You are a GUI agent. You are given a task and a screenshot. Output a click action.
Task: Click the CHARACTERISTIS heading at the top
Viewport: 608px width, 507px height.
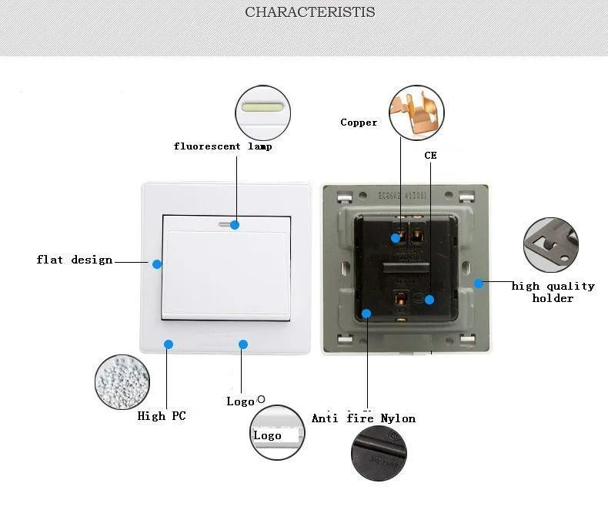point(310,12)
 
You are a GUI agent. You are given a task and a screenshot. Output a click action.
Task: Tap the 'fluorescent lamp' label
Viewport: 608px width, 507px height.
point(222,146)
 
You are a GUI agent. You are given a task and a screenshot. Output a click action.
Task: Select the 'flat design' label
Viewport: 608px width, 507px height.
point(75,260)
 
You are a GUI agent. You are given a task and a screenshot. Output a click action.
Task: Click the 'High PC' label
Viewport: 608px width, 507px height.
point(162,416)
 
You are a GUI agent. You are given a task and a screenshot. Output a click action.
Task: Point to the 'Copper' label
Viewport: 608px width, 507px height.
point(359,123)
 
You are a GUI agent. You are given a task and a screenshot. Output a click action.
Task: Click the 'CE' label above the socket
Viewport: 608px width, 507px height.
point(430,156)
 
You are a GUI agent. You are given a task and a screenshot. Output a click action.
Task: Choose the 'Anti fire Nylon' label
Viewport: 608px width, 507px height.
point(363,418)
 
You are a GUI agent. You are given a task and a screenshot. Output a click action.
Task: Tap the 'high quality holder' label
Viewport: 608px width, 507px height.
point(553,292)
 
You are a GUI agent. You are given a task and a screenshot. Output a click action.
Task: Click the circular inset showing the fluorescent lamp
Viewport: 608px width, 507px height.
point(264,109)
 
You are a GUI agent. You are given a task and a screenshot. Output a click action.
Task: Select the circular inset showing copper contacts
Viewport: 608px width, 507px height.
point(417,112)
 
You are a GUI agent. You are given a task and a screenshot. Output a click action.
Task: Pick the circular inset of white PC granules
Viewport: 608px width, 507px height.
point(121,382)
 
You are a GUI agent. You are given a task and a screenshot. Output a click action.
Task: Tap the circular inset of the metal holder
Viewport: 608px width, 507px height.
point(550,244)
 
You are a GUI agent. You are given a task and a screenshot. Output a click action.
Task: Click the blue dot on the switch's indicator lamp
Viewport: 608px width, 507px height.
point(235,225)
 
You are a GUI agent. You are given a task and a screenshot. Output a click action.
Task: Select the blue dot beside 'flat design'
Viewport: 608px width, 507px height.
point(157,264)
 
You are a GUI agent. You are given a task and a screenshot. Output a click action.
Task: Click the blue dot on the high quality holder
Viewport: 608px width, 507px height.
point(478,284)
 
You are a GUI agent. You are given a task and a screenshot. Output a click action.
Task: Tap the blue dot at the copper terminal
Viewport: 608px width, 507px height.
point(396,238)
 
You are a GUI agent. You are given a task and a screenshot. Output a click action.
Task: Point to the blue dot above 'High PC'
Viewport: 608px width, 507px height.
point(169,344)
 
